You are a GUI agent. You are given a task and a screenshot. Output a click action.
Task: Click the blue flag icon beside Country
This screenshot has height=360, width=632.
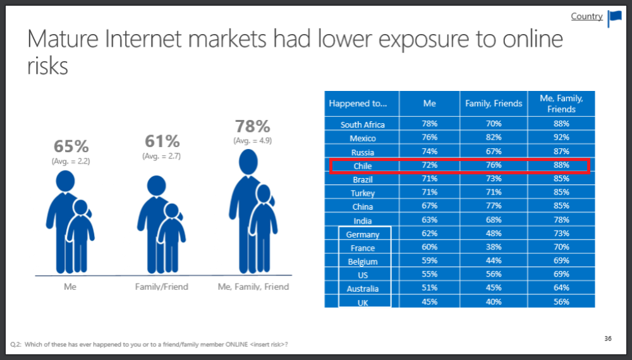pos(614,18)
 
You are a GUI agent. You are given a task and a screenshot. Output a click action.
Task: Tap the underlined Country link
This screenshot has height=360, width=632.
pos(586,16)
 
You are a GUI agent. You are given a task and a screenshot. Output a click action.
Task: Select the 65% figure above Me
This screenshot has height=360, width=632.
pos(71,147)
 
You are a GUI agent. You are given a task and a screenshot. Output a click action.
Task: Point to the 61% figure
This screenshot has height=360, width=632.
pos(162,140)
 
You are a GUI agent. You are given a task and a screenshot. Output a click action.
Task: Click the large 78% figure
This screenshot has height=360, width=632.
pos(253,126)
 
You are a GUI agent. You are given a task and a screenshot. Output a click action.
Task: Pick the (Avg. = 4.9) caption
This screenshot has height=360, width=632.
pos(253,140)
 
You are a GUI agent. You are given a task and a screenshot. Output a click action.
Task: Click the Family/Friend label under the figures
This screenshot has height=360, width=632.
pos(162,287)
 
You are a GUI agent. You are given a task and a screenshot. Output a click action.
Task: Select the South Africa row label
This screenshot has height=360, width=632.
pos(363,124)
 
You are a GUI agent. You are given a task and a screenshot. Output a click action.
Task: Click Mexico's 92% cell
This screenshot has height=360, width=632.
pos(561,138)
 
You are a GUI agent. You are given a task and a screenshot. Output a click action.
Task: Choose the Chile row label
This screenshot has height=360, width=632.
pos(363,166)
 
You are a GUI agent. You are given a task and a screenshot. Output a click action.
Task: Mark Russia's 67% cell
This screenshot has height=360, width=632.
pos(494,152)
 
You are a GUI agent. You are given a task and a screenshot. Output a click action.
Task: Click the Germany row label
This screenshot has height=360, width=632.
pos(363,234)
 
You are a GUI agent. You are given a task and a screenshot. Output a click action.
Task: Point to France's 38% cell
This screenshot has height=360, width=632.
pos(494,248)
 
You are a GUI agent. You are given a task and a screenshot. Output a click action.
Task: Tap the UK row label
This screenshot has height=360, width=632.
pos(363,303)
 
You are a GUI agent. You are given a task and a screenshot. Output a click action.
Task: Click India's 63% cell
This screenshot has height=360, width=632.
pos(429,220)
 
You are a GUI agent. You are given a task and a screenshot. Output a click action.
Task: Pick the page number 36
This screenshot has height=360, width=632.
pos(607,339)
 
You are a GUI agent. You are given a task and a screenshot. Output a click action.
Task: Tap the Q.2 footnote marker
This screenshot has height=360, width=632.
pos(16,344)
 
